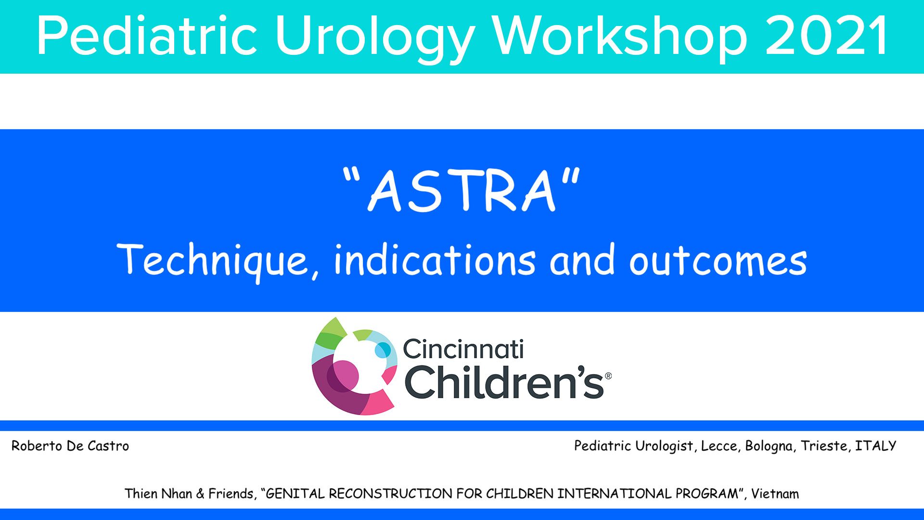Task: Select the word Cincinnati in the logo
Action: tap(463, 349)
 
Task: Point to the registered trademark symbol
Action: tap(608, 376)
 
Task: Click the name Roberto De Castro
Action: tap(70, 446)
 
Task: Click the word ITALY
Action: tap(876, 446)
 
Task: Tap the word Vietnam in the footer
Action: tap(775, 494)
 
